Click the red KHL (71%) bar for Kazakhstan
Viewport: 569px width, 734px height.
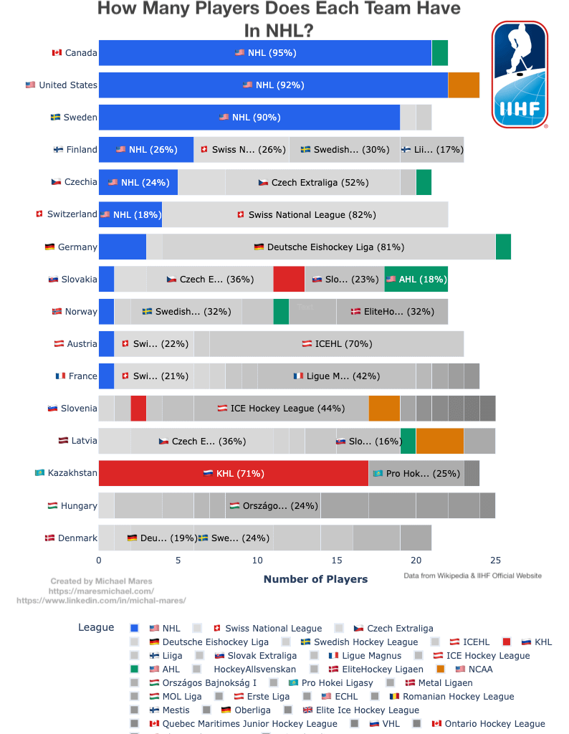pos(234,473)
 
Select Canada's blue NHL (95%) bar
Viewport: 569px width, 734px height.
pos(265,52)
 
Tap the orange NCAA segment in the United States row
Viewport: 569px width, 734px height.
pos(464,85)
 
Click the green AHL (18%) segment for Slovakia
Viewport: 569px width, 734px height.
pos(416,279)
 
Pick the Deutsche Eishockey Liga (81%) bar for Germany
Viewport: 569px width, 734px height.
pos(328,247)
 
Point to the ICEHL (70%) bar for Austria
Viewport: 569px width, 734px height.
pos(336,343)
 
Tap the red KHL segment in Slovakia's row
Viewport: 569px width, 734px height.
pos(289,279)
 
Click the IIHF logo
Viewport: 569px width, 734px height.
pos(520,75)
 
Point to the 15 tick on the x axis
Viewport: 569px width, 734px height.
pos(337,560)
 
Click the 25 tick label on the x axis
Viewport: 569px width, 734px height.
pos(495,560)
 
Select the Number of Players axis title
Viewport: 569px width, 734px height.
pos(315,579)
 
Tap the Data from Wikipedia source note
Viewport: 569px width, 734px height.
pos(472,576)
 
